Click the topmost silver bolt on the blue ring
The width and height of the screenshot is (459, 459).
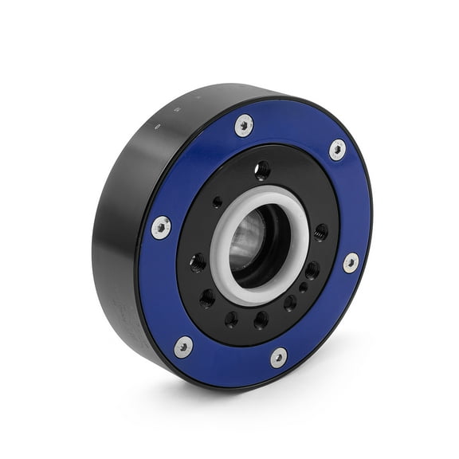tap(244, 125)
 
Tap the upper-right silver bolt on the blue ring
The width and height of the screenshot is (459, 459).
tap(337, 149)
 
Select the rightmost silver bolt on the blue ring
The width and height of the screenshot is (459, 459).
tap(351, 262)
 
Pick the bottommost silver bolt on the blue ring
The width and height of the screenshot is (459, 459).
tap(278, 357)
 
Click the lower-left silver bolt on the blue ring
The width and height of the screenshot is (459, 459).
tap(183, 347)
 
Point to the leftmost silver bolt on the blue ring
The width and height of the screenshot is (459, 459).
tap(161, 227)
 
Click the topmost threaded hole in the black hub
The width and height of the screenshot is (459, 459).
tap(262, 170)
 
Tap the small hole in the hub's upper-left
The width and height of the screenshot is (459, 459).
tap(218, 202)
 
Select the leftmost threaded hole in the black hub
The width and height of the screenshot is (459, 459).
tap(197, 263)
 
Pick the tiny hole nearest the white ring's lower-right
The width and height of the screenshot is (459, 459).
tap(303, 288)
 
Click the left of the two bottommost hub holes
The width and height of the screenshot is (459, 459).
tap(232, 320)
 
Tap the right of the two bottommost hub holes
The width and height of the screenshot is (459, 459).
tap(261, 320)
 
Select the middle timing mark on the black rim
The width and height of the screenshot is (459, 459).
tap(177, 112)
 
